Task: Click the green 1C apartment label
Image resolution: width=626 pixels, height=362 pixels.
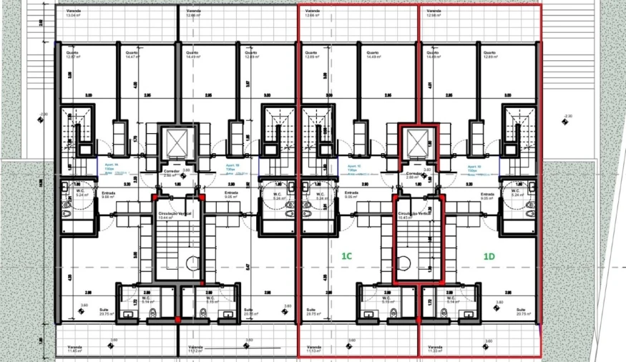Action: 346,255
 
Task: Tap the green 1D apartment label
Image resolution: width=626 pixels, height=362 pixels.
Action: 489,255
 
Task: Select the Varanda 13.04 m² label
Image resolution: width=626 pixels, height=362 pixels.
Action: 74,14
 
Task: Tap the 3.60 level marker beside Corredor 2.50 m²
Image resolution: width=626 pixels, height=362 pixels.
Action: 187,171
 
